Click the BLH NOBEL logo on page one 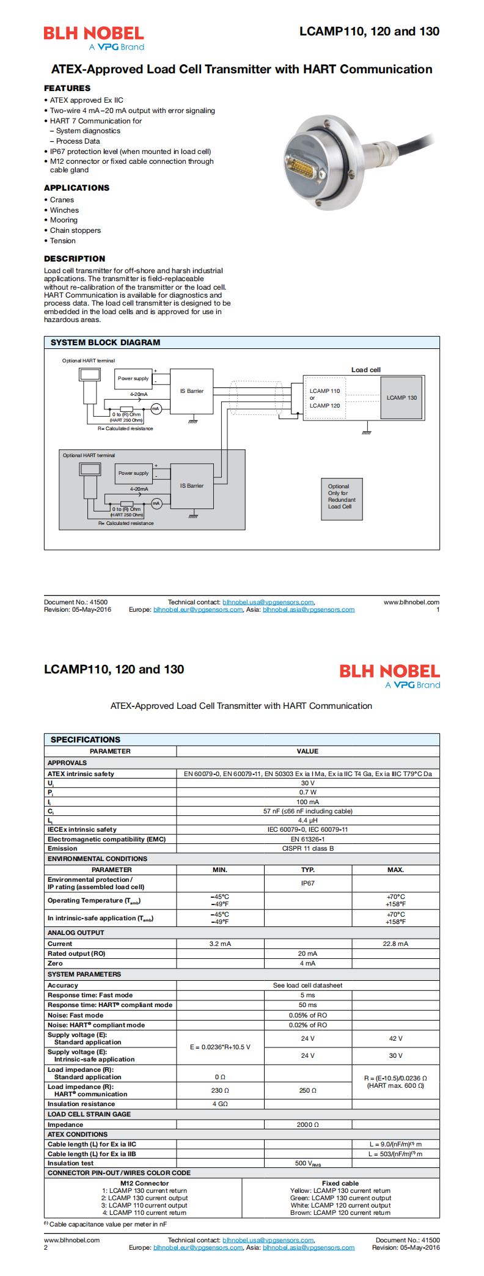(x=94, y=38)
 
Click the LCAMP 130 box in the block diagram (x=402, y=398)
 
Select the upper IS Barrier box (x=192, y=391)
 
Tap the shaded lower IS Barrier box (x=192, y=486)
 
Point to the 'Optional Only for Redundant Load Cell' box (x=342, y=496)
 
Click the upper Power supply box (x=133, y=379)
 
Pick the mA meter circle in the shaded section (x=156, y=503)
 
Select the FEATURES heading (x=67, y=88)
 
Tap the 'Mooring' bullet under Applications (x=64, y=220)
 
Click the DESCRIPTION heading (x=75, y=258)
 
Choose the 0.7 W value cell (x=307, y=792)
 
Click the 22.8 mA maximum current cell (x=395, y=944)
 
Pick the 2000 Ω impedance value (x=307, y=1124)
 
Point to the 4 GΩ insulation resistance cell (x=220, y=1104)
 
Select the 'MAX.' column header (x=395, y=869)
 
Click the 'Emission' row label (x=63, y=848)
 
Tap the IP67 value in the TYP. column (x=307, y=883)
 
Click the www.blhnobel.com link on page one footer (x=411, y=602)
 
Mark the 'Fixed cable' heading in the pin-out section (x=340, y=1183)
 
